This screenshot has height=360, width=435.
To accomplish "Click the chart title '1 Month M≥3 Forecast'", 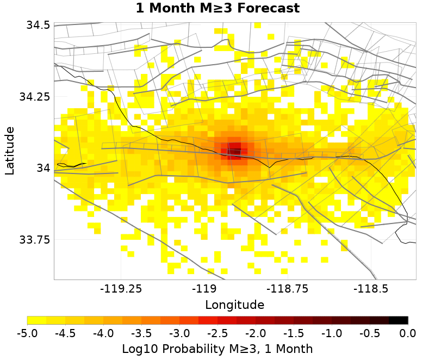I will pyautogui.click(x=217, y=9).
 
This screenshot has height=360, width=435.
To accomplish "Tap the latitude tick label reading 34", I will pyautogui.click(x=43, y=168).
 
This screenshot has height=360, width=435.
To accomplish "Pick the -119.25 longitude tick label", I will pyautogui.click(x=120, y=288).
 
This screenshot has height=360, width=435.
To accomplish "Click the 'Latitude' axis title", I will pyautogui.click(x=10, y=151).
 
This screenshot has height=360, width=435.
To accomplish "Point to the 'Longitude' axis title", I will pyautogui.click(x=235, y=305).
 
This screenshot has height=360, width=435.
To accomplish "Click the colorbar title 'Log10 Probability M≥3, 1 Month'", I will pyautogui.click(x=217, y=349).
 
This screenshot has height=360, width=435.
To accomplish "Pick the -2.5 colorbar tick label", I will pyautogui.click(x=217, y=333).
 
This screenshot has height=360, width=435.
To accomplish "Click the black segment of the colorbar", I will pyautogui.click(x=399, y=320).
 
